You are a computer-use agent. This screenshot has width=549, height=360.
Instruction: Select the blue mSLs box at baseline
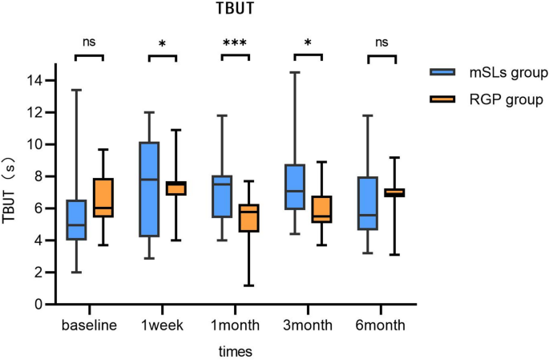(x=76, y=220)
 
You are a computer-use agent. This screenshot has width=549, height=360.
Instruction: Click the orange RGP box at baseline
(x=103, y=197)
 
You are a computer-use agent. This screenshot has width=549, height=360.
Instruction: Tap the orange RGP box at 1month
(x=249, y=218)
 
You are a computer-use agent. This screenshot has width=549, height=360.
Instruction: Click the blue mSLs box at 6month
(x=367, y=203)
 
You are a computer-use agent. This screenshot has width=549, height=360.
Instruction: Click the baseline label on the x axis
(x=90, y=326)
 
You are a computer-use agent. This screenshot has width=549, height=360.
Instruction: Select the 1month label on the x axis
(x=236, y=326)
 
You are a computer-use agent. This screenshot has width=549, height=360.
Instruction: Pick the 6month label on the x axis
(x=381, y=326)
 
